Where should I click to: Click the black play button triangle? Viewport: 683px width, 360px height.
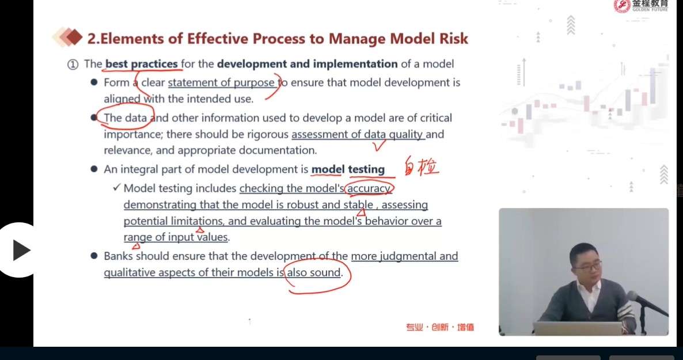[x=21, y=250]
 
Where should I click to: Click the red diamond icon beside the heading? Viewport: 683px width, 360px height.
[x=74, y=37]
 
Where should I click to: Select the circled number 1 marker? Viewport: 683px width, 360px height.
[x=73, y=65]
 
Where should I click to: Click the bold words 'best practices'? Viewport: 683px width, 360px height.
[x=142, y=64]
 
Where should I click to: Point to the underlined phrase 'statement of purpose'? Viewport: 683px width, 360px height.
[x=221, y=83]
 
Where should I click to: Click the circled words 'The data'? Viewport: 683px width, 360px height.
[x=125, y=118]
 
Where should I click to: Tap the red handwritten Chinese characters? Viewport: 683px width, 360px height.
[x=421, y=166]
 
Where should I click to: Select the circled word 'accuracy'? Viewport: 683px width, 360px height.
[x=369, y=188]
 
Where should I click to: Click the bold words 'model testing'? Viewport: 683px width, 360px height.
[x=348, y=169]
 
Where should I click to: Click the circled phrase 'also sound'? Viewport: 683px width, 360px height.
[x=314, y=272]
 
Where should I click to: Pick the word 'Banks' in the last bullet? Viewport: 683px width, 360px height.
[x=119, y=256]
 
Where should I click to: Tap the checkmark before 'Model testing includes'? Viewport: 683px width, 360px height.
[x=116, y=187]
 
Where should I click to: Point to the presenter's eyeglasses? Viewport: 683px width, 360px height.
[x=586, y=266]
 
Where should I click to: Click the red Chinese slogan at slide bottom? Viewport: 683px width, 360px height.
[x=440, y=327]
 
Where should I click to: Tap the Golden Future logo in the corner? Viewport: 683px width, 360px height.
[x=640, y=6]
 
